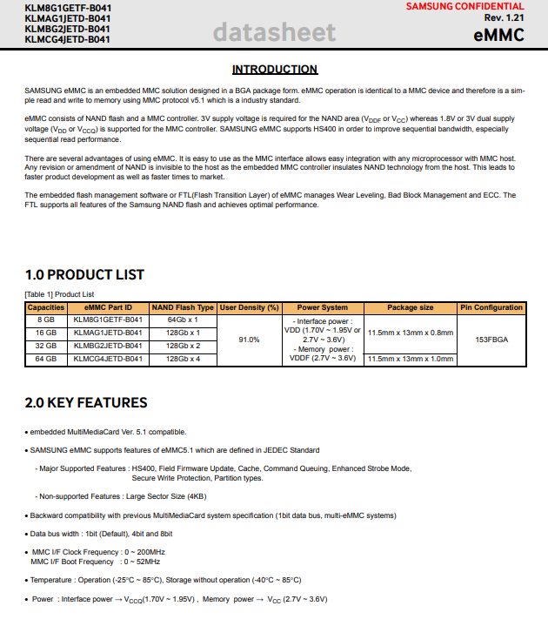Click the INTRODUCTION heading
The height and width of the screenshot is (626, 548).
pyautogui.click(x=274, y=70)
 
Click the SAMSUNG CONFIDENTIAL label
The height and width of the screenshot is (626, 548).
pyautogui.click(x=478, y=6)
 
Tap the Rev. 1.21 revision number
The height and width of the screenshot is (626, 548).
pyautogui.click(x=505, y=18)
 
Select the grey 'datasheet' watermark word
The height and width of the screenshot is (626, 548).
pyautogui.click(x=273, y=33)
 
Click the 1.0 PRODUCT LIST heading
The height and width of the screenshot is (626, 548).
pyautogui.click(x=84, y=275)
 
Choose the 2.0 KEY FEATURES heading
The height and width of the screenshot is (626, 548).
pyautogui.click(x=86, y=403)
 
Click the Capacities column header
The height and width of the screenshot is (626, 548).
pyautogui.click(x=46, y=307)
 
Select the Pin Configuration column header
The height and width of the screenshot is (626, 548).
pyautogui.click(x=491, y=307)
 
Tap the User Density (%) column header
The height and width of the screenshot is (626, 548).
pyautogui.click(x=249, y=307)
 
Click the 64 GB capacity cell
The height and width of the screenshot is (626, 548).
pyautogui.click(x=46, y=359)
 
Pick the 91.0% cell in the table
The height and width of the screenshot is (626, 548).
pyautogui.click(x=249, y=340)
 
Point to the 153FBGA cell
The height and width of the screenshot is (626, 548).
pyautogui.click(x=491, y=340)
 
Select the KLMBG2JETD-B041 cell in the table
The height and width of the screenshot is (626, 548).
pyautogui.click(x=108, y=346)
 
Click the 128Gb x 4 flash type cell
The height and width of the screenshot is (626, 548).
pyautogui.click(x=183, y=359)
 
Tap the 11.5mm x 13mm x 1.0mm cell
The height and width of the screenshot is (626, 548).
pyautogui.click(x=411, y=359)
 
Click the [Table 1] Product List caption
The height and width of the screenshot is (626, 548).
pyautogui.click(x=59, y=294)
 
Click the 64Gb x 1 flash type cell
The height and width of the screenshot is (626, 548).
pyautogui.click(x=183, y=320)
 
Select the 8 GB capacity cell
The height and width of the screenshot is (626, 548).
pyautogui.click(x=46, y=320)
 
